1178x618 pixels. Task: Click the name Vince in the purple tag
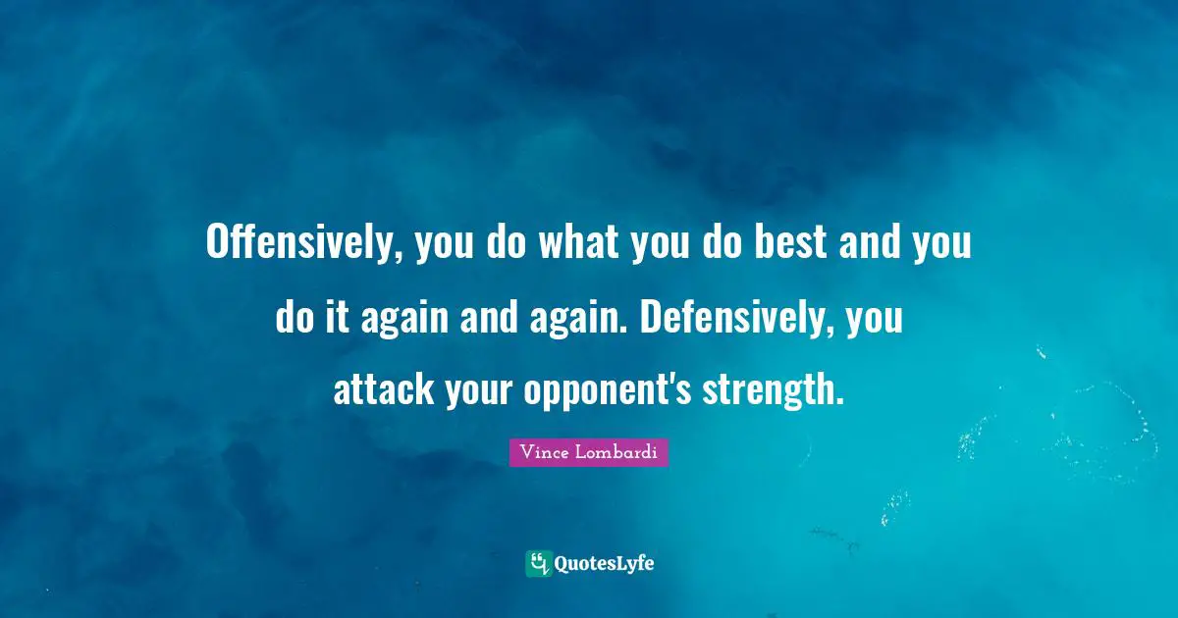click(542, 453)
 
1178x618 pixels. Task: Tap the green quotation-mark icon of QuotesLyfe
click(538, 563)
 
